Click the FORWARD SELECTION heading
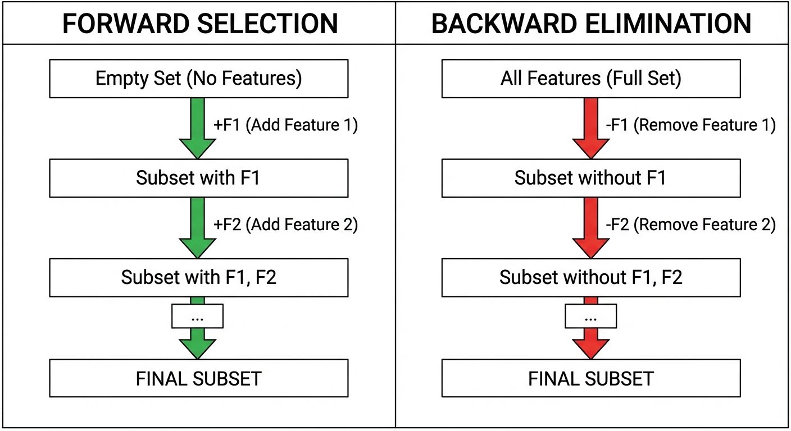[199, 24]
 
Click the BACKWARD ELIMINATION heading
[591, 24]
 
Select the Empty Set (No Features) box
[198, 79]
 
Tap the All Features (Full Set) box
[590, 79]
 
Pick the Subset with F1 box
[198, 178]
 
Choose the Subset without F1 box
[590, 178]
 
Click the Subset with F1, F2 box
[198, 277]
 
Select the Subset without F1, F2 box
[590, 277]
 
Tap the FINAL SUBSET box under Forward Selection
[198, 378]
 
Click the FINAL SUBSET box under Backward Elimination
[590, 378]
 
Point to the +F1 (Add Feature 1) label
[285, 125]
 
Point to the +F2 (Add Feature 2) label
[285, 225]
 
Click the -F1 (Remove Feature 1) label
[690, 125]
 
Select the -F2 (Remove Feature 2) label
[690, 225]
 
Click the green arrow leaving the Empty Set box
[197, 128]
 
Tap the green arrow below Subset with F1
[197, 227]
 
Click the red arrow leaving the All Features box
[590, 128]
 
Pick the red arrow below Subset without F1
[590, 227]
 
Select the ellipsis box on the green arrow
[197, 317]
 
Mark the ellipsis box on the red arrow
[590, 317]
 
